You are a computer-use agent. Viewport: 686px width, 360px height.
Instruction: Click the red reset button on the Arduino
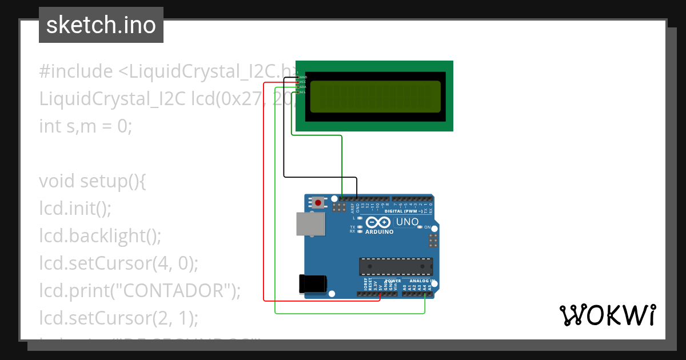pyautogui.click(x=318, y=202)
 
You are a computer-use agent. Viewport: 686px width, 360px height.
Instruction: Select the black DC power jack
pyautogui.click(x=313, y=284)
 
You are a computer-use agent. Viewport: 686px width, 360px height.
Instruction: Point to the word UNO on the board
pyautogui.click(x=407, y=222)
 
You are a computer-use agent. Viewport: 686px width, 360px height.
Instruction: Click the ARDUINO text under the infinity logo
pyautogui.click(x=379, y=232)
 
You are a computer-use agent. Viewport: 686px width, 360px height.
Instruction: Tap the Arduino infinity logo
pyautogui.click(x=378, y=222)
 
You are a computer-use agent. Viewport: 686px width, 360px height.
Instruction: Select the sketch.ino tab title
pyautogui.click(x=101, y=25)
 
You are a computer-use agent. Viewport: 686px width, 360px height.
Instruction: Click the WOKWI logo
pyautogui.click(x=607, y=315)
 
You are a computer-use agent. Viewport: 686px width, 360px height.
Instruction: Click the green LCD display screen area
pyautogui.click(x=375, y=96)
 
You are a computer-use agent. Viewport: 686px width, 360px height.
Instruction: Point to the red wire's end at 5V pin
pyautogui.click(x=380, y=294)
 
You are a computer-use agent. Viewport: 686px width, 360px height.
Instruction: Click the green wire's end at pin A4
pyautogui.click(x=425, y=294)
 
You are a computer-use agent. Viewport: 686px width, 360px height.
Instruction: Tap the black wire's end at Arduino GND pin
pyautogui.click(x=357, y=198)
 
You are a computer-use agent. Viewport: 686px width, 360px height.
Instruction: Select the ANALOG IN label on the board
pyautogui.click(x=422, y=281)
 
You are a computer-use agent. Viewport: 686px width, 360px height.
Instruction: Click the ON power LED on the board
pyautogui.click(x=420, y=227)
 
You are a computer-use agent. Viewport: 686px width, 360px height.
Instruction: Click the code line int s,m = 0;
pyautogui.click(x=86, y=126)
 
